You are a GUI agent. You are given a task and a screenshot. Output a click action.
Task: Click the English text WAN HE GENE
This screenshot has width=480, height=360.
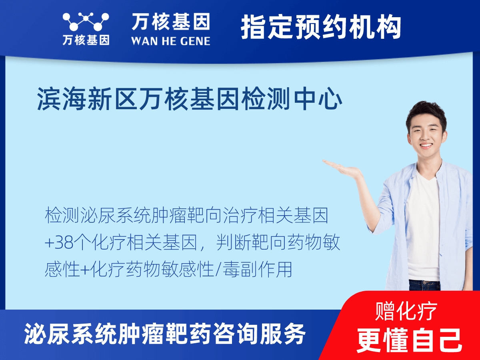[170, 40]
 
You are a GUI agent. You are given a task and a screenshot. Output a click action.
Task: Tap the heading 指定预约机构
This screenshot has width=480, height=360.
[321, 27]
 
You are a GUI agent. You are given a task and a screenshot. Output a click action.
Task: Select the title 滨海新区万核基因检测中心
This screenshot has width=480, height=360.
[190, 99]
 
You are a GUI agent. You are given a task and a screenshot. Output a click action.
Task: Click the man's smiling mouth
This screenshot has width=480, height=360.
[426, 145]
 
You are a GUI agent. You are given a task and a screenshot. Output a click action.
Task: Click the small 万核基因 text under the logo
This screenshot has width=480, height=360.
[86, 40]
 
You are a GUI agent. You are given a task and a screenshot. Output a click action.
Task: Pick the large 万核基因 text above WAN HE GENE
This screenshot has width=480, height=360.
[171, 22]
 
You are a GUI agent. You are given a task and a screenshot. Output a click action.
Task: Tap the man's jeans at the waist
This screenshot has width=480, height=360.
[424, 285]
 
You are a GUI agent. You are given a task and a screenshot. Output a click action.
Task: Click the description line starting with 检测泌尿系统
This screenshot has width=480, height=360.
[187, 216]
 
